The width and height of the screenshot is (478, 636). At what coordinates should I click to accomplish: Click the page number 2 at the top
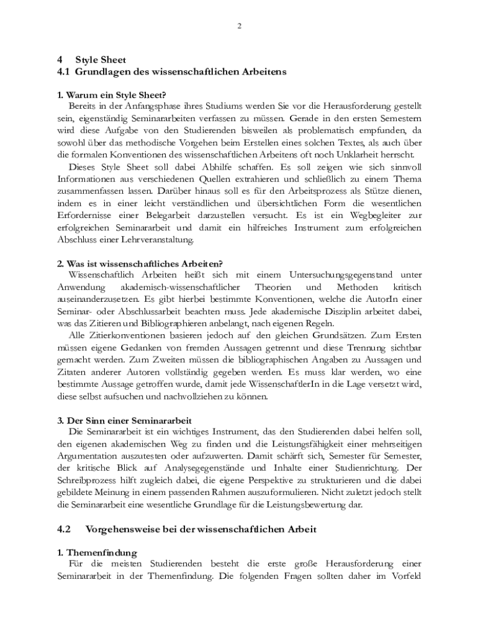[x=239, y=25]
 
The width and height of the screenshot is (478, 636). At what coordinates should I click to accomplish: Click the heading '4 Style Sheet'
[x=91, y=60]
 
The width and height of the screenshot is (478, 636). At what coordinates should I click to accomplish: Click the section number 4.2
[x=64, y=529]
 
